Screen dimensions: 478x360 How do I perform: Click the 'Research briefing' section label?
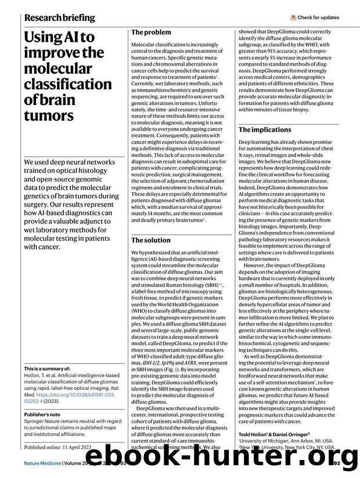[x=59, y=17]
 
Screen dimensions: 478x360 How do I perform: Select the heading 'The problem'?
[x=151, y=32]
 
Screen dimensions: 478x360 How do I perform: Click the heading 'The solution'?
[x=151, y=240]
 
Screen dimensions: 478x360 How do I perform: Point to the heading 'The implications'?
[x=265, y=129]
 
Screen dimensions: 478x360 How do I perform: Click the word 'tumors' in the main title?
[x=49, y=115]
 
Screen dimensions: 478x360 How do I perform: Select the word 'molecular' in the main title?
[x=59, y=68]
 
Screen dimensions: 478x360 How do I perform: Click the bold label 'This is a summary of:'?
[x=48, y=369]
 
